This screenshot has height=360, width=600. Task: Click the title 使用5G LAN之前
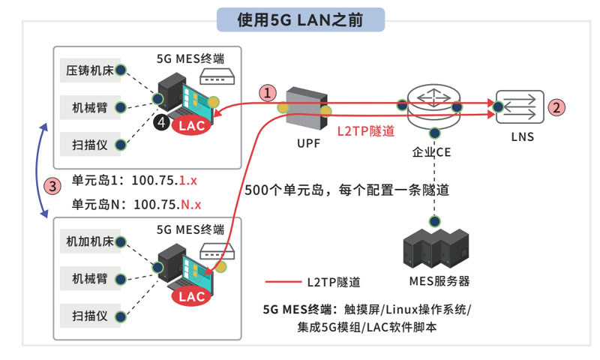pyautogui.click(x=300, y=19)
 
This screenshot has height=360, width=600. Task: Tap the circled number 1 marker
pyautogui.click(x=268, y=93)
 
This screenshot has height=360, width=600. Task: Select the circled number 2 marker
pyautogui.click(x=556, y=107)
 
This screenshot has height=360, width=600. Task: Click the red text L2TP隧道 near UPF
pyautogui.click(x=365, y=130)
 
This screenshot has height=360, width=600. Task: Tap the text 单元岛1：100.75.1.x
pyautogui.click(x=134, y=181)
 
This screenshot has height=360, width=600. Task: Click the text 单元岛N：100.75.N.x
pyautogui.click(x=136, y=204)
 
